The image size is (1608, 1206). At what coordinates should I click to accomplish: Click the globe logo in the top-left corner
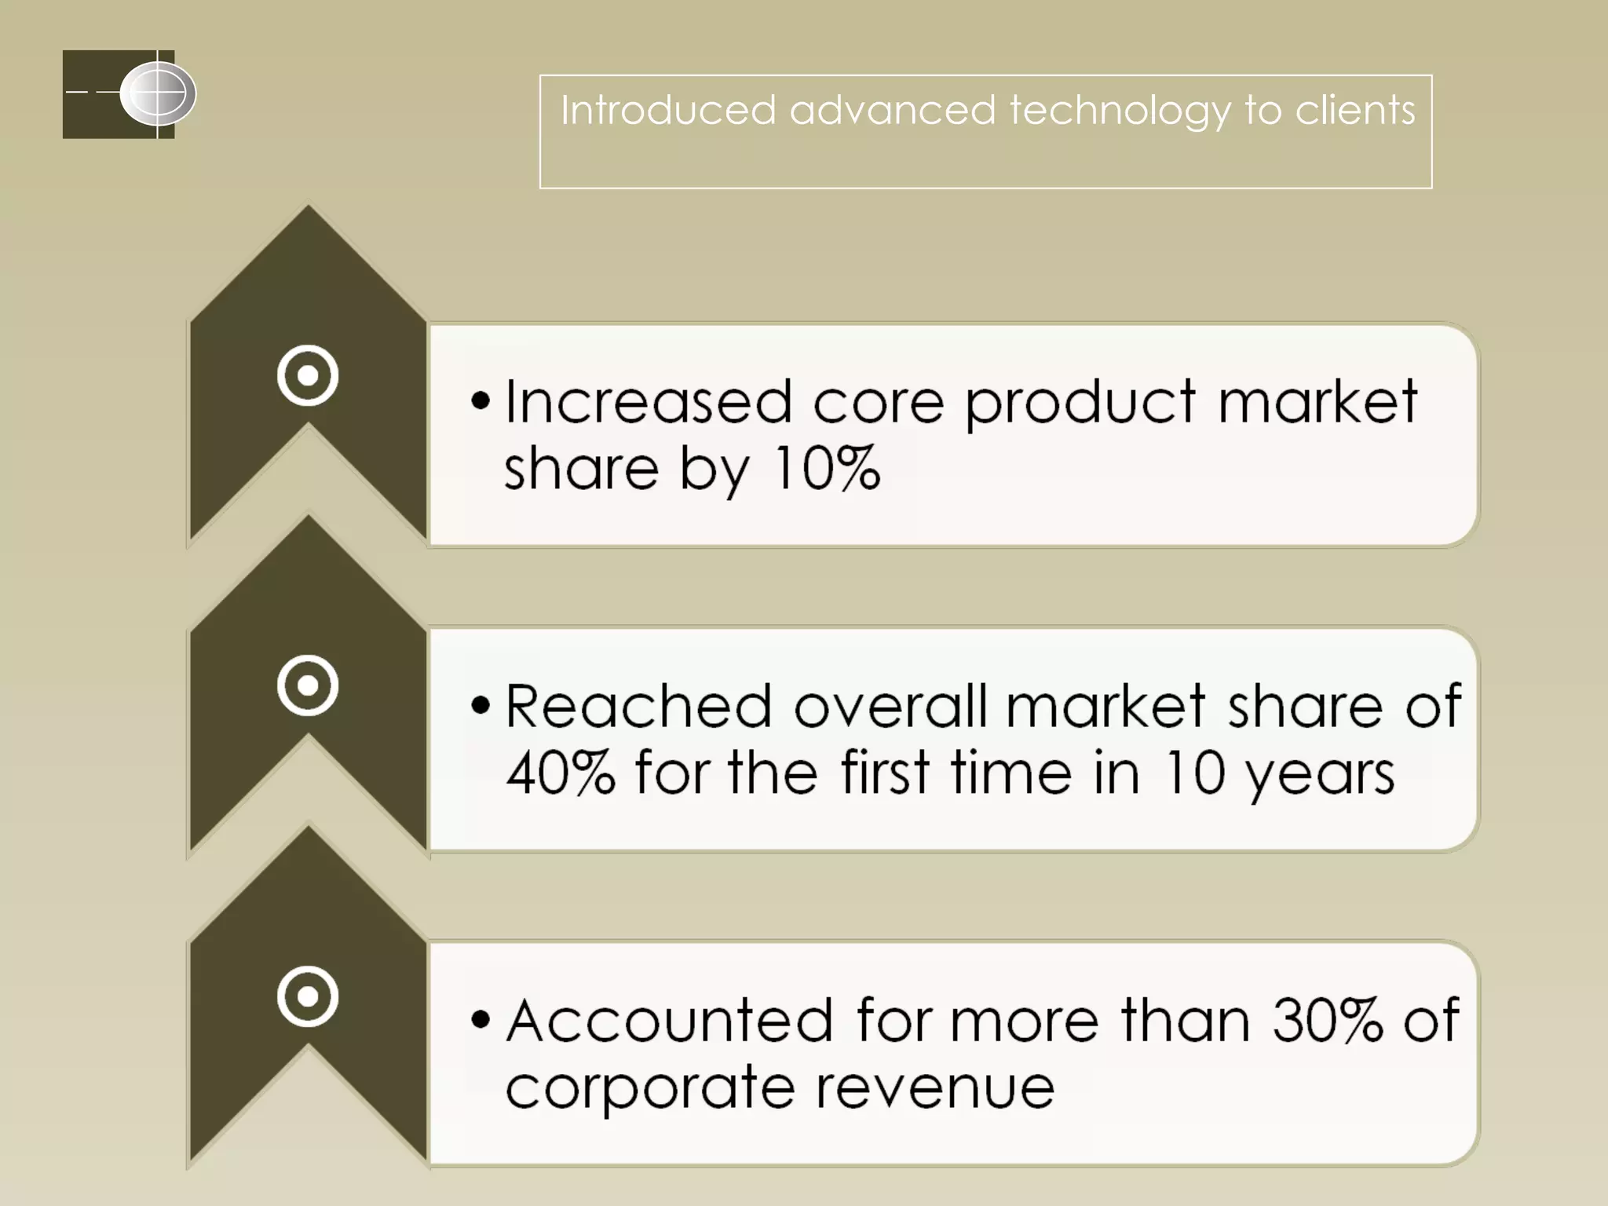pyautogui.click(x=158, y=94)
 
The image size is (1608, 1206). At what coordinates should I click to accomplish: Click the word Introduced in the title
pyautogui.click(x=667, y=110)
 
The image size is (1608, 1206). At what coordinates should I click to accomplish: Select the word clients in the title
pyautogui.click(x=1355, y=110)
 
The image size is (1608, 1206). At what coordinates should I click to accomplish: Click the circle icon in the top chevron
pyautogui.click(x=308, y=375)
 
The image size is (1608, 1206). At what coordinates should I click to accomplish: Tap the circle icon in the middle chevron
pyautogui.click(x=308, y=685)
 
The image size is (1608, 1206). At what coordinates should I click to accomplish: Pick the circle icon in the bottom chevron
pyautogui.click(x=308, y=996)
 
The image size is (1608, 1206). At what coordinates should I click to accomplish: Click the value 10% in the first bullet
pyautogui.click(x=826, y=469)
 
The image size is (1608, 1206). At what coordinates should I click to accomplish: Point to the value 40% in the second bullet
pyautogui.click(x=560, y=773)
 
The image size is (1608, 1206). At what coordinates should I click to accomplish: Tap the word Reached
pyautogui.click(x=638, y=706)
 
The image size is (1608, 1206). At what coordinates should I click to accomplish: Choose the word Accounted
pyautogui.click(x=669, y=1020)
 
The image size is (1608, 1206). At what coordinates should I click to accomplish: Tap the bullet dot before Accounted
pyautogui.click(x=481, y=1020)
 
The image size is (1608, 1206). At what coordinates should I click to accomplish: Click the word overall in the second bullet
pyautogui.click(x=890, y=706)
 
